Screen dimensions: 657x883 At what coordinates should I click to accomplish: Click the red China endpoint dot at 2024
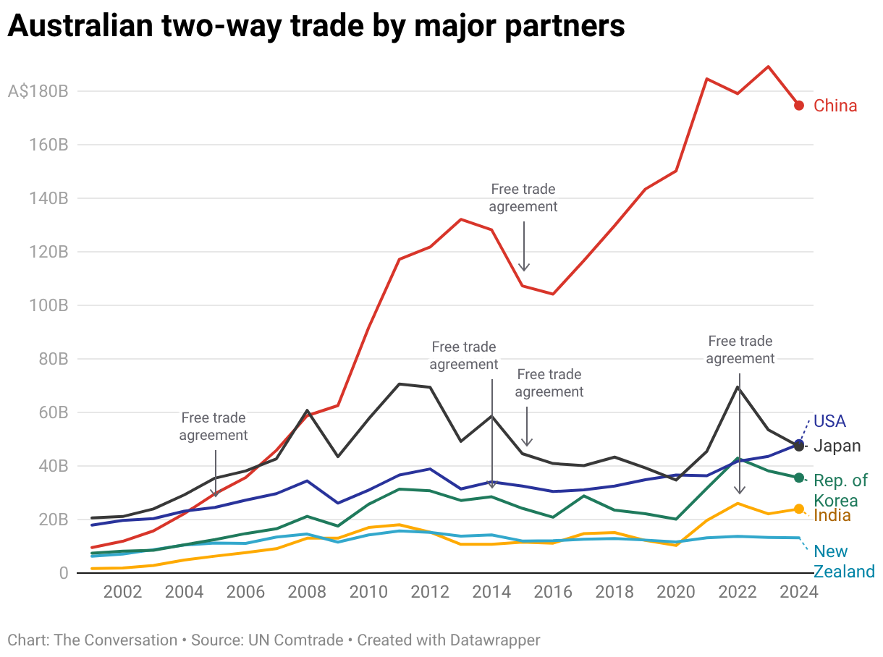(x=799, y=106)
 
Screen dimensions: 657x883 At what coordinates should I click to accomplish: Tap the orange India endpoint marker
(x=799, y=509)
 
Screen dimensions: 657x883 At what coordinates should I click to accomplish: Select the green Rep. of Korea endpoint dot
(x=799, y=478)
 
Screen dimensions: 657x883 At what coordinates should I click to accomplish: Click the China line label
(x=835, y=106)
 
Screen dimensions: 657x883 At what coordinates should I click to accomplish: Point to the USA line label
(x=829, y=421)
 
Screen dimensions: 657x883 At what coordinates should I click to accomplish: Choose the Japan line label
(x=837, y=446)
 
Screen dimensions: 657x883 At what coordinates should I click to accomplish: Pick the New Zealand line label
(x=844, y=562)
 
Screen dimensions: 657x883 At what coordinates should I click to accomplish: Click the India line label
(x=832, y=516)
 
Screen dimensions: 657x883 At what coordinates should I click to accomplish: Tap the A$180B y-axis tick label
(x=38, y=92)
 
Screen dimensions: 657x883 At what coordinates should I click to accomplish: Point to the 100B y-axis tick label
(x=48, y=305)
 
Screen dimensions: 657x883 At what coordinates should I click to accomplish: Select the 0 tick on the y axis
(x=63, y=573)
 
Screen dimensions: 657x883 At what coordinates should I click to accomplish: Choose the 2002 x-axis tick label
(x=122, y=592)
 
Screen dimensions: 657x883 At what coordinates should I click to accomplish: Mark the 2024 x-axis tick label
(x=799, y=592)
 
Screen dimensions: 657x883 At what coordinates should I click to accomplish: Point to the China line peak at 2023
(x=768, y=67)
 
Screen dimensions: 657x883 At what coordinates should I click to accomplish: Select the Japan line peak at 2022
(x=738, y=387)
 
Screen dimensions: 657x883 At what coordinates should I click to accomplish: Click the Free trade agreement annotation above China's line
(x=523, y=198)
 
